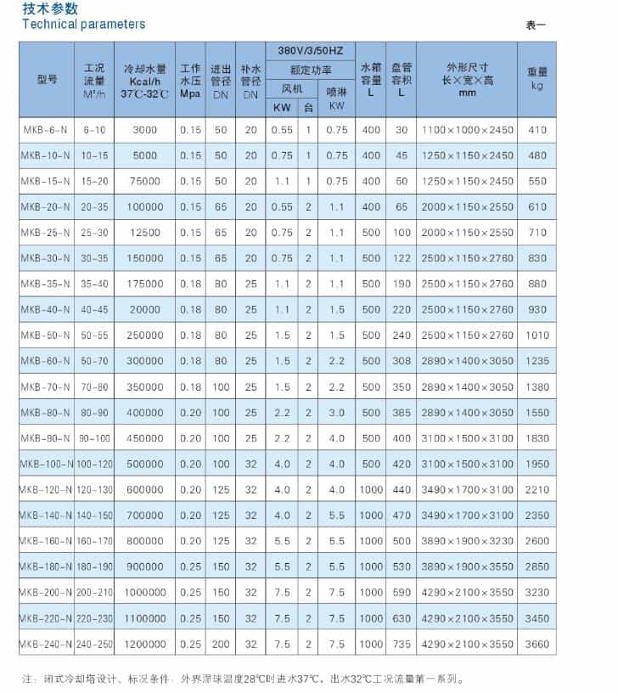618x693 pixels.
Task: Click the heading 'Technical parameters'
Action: click(x=83, y=25)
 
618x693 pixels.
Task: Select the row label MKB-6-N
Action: click(x=47, y=130)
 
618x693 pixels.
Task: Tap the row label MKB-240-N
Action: click(x=47, y=645)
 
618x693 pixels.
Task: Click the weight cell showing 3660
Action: click(x=537, y=645)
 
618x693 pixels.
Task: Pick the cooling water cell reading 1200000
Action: click(x=145, y=645)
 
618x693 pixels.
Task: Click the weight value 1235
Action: click(x=537, y=361)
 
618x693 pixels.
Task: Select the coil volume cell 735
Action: click(x=402, y=645)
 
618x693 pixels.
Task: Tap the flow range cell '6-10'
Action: click(x=94, y=130)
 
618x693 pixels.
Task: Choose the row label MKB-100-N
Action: click(x=47, y=464)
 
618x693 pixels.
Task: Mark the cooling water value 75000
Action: click(x=145, y=181)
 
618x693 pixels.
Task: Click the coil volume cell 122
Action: click(x=402, y=258)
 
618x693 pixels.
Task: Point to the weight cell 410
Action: click(x=537, y=130)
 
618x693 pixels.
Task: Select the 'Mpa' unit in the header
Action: click(x=190, y=93)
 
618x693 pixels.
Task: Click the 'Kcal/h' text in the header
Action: click(x=145, y=82)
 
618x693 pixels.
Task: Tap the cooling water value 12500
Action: click(x=145, y=233)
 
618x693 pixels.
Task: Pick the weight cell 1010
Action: click(x=537, y=335)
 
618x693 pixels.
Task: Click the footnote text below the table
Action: click(x=242, y=679)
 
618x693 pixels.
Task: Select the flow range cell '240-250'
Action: click(x=94, y=645)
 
